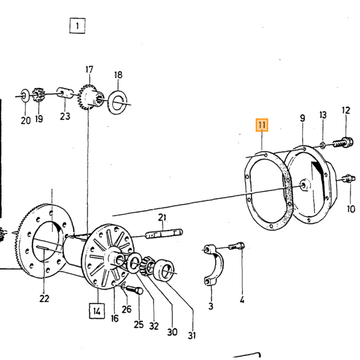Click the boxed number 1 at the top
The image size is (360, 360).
(x=77, y=26)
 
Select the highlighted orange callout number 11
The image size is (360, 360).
(x=262, y=125)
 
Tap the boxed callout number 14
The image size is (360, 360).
(x=97, y=311)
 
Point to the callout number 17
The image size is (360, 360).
(x=89, y=69)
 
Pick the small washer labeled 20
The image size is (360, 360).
(x=25, y=96)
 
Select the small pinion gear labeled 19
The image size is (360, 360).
(x=39, y=94)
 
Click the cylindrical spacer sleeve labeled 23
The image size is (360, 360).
(x=65, y=93)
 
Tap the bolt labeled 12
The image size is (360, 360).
(x=343, y=142)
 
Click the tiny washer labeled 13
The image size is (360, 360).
(x=322, y=145)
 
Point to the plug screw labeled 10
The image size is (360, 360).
(x=349, y=178)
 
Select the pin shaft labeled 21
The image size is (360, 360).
(x=164, y=233)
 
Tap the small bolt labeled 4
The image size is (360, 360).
(x=237, y=246)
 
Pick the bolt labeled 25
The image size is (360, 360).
(x=134, y=290)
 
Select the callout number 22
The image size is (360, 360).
(x=44, y=298)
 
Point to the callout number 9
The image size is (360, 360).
(x=302, y=118)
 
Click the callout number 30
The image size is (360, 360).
(x=172, y=332)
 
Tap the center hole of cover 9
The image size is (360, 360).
(x=303, y=185)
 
